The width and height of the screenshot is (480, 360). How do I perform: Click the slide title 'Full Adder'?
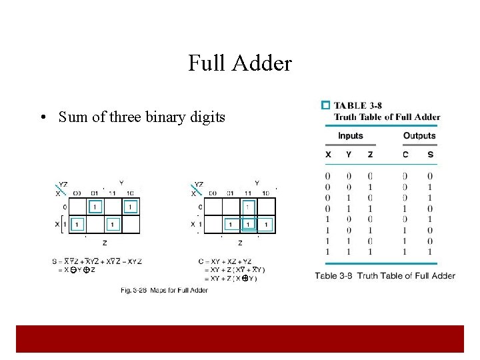[x=240, y=63]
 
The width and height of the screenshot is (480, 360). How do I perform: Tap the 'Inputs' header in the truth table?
[x=351, y=135]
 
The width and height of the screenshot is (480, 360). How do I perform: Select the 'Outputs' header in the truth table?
[x=419, y=135]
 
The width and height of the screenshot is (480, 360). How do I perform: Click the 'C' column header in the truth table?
[x=405, y=155]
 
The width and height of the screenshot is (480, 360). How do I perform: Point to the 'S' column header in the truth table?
[x=430, y=155]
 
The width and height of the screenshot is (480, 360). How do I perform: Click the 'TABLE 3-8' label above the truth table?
[x=358, y=105]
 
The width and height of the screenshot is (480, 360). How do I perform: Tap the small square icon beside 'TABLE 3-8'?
[x=325, y=105]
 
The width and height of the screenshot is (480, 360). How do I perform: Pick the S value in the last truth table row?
[x=430, y=252]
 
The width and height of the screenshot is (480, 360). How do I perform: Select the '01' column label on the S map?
[x=95, y=193]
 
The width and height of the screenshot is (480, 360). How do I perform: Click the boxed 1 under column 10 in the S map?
[x=131, y=207]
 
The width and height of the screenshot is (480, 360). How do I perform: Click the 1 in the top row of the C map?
[x=248, y=207]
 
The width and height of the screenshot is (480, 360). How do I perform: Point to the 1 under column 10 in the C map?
[x=266, y=225]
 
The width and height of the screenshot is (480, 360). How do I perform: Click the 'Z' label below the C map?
[x=240, y=243]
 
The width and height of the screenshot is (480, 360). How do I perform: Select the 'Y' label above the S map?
[x=121, y=183]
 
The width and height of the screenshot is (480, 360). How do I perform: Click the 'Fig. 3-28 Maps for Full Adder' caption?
[x=164, y=290]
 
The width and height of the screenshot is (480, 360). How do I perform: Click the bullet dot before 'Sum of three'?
[x=42, y=118]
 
